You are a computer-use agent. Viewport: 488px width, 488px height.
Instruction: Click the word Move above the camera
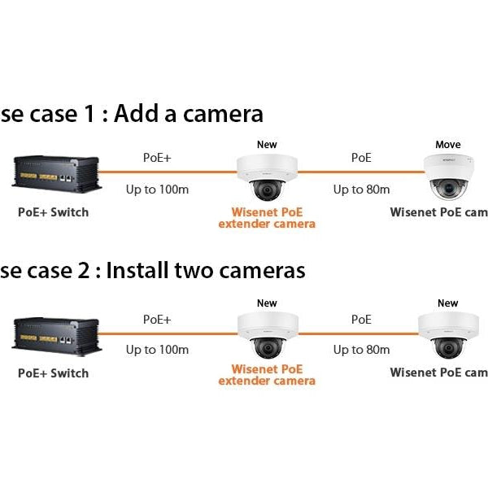(x=447, y=145)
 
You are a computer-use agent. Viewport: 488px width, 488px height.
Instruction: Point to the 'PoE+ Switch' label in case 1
(x=53, y=212)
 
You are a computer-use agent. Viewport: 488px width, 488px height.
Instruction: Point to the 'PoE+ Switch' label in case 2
(x=53, y=373)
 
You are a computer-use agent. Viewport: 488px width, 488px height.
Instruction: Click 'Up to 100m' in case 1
(x=157, y=190)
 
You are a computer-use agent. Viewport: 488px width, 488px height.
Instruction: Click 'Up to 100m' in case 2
(x=157, y=350)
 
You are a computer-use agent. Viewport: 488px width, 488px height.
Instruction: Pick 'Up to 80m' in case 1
(x=361, y=190)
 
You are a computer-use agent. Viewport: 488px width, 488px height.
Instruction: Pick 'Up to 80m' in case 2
(x=361, y=350)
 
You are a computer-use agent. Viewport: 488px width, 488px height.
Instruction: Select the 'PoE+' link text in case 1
(x=157, y=158)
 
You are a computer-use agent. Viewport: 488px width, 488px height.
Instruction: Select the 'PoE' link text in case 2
(x=361, y=320)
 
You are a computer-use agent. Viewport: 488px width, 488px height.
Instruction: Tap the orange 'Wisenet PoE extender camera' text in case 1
(x=267, y=218)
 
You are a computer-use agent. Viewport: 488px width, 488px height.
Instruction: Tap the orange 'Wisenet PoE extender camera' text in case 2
(x=267, y=375)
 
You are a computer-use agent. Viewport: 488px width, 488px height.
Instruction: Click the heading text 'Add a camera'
(x=188, y=114)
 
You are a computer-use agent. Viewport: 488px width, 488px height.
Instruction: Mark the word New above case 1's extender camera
(x=267, y=145)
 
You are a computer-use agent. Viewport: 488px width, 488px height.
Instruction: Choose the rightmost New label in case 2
(x=447, y=303)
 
